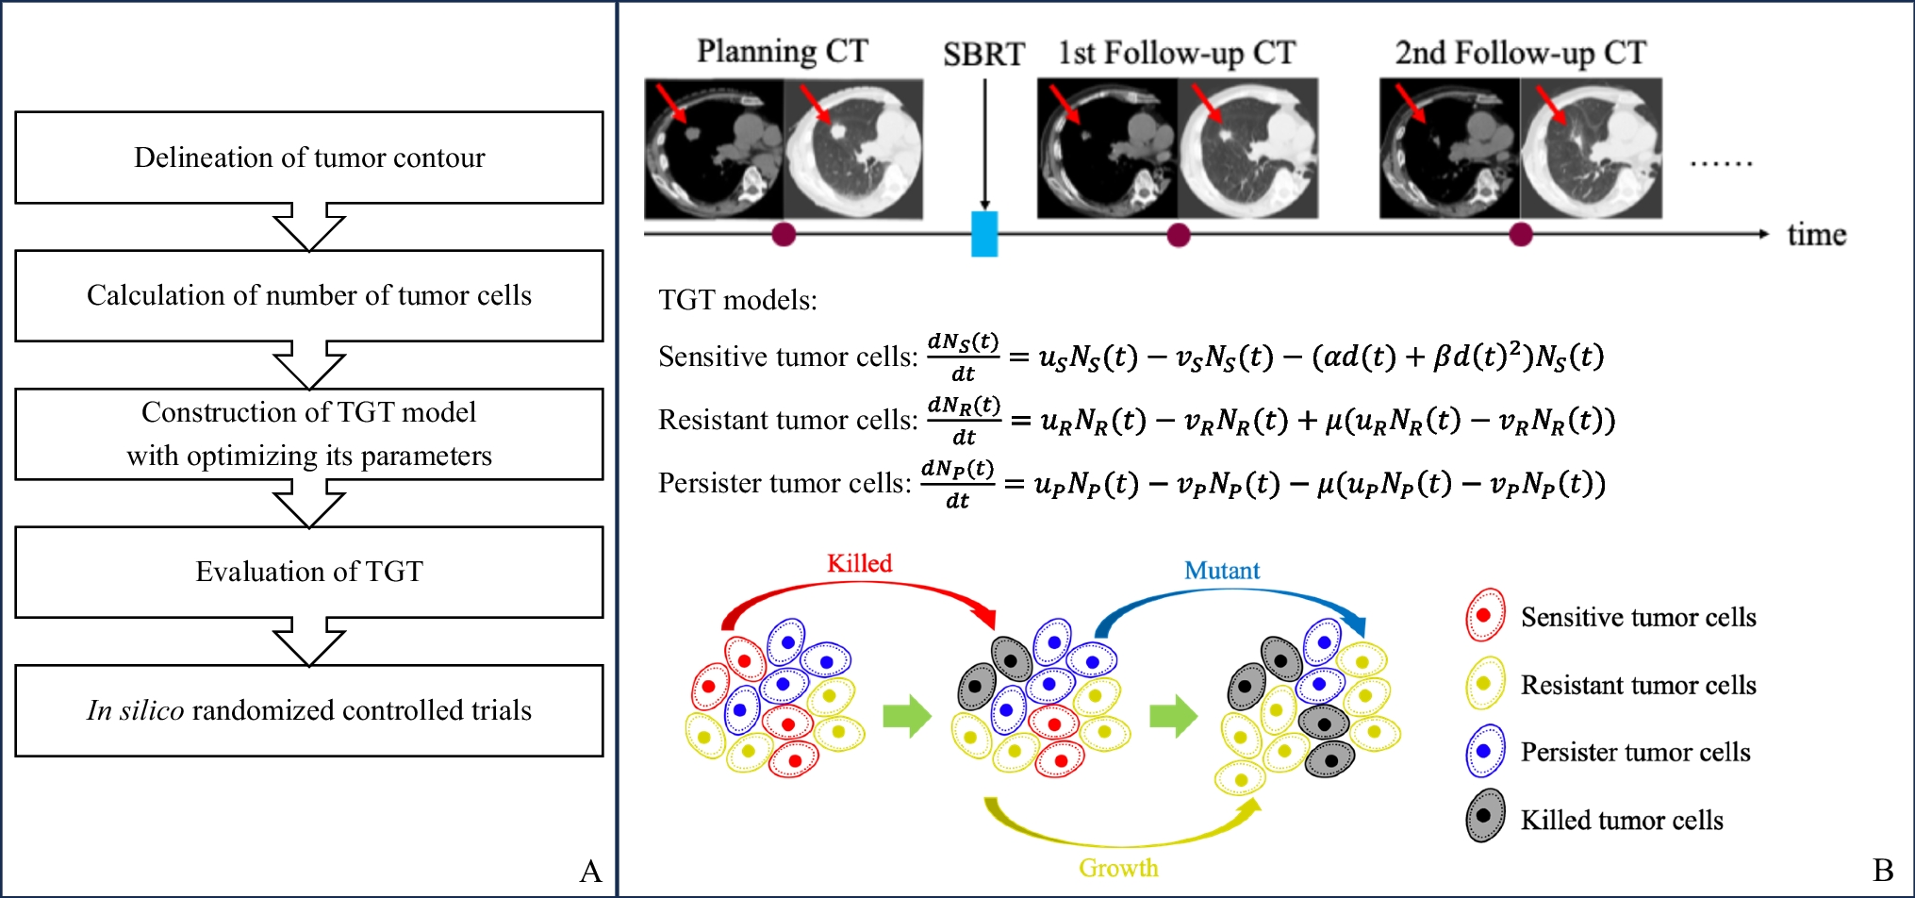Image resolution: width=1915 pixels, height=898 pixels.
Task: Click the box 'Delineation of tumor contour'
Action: (x=309, y=158)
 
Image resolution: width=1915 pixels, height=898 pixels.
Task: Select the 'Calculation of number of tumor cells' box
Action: (x=309, y=295)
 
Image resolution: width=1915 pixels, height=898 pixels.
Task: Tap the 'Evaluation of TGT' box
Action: (x=309, y=572)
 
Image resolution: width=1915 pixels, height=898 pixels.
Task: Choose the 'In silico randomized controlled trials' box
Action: (x=309, y=710)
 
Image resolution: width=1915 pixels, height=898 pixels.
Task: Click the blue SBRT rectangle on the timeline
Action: (x=984, y=234)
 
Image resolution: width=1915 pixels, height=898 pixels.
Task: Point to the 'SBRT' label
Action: (x=983, y=55)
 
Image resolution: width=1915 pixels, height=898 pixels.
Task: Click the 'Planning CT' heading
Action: (x=783, y=51)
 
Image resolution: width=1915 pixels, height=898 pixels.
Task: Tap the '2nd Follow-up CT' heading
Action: (x=1521, y=53)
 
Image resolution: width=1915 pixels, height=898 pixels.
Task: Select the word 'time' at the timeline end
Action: (x=1816, y=235)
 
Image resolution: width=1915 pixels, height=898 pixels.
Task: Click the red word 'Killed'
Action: (x=859, y=563)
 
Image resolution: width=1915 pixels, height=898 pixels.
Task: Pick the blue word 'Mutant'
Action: (x=1222, y=571)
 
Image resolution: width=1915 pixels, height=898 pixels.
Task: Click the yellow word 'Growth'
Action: (x=1119, y=868)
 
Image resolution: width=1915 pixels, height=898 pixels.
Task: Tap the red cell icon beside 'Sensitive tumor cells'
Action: (x=1484, y=615)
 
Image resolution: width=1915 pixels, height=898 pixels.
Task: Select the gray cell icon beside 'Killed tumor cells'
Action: (x=1484, y=817)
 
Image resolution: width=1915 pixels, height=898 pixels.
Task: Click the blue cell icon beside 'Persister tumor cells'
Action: (x=1484, y=751)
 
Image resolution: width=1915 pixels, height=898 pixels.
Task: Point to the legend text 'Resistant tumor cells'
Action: (x=1638, y=685)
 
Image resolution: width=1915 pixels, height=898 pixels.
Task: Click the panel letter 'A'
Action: (x=591, y=871)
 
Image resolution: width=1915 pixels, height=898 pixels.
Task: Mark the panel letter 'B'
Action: (x=1883, y=871)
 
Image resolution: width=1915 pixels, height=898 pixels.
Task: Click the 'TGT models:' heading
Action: (x=737, y=300)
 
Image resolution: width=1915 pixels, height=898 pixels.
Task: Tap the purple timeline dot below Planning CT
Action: (x=784, y=235)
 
